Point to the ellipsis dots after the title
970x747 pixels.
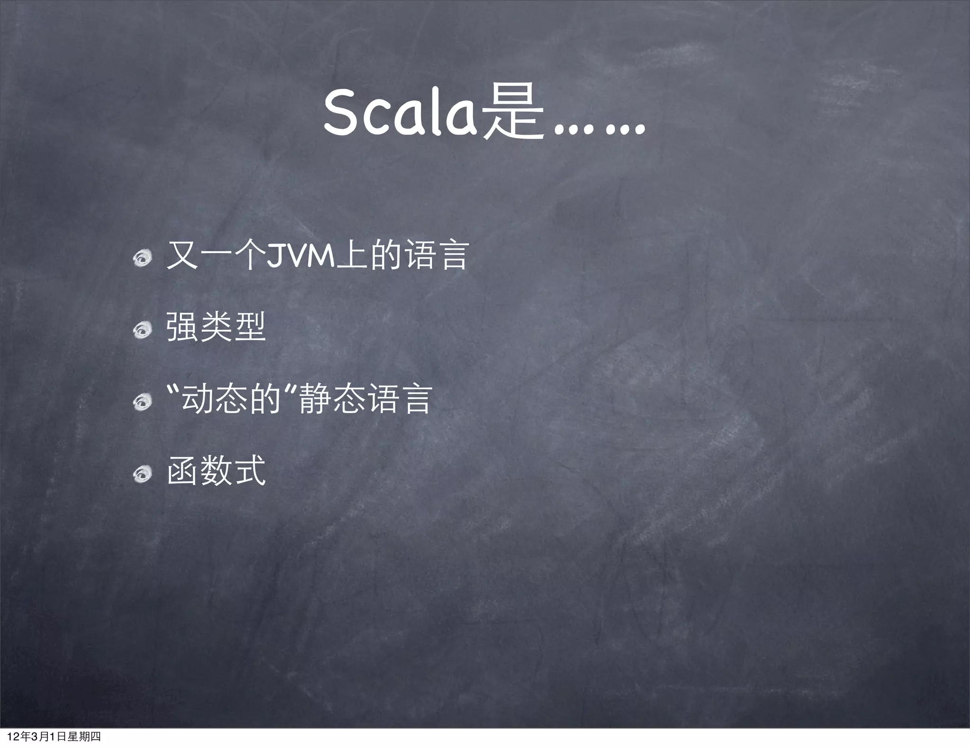[x=599, y=128]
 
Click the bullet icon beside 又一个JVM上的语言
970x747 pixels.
[x=142, y=258]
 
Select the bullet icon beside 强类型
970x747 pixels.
[x=142, y=329]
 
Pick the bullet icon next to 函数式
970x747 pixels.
[x=142, y=474]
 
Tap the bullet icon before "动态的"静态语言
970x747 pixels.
[x=142, y=401]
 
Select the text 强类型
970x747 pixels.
[x=216, y=327]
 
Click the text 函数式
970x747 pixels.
[x=216, y=471]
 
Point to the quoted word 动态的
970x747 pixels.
[x=232, y=399]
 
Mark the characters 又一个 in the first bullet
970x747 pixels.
[x=216, y=256]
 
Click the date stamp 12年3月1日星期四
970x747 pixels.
[x=54, y=737]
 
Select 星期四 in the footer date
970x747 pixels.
[x=84, y=737]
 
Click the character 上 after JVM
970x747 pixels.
[x=351, y=256]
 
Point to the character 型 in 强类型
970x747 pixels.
[x=250, y=327]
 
